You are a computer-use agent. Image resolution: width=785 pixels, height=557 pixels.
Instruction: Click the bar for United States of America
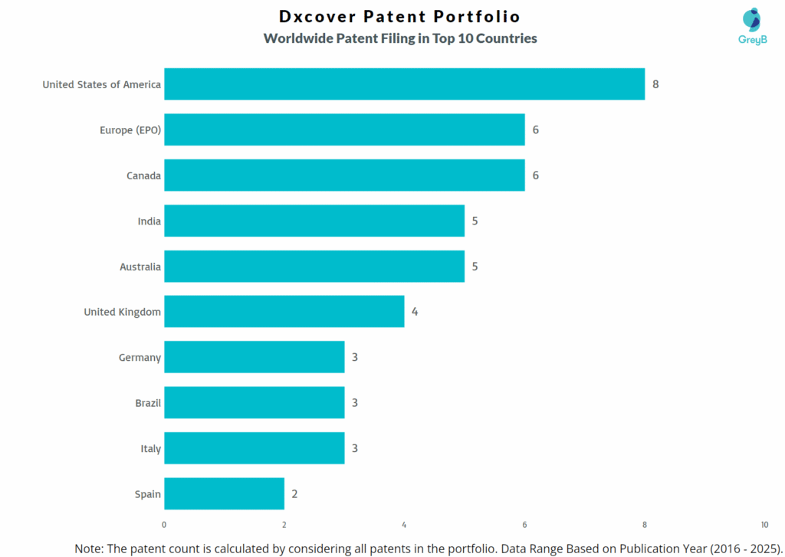(x=404, y=84)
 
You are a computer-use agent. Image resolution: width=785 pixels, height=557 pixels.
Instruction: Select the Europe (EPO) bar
(x=344, y=129)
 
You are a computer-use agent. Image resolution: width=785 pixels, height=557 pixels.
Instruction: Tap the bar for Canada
(x=344, y=175)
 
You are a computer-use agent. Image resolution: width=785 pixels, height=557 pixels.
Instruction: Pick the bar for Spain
(x=224, y=493)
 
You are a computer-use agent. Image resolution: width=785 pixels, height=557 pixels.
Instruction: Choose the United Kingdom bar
(x=284, y=312)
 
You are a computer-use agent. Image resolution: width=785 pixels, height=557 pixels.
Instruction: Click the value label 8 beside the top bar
(x=655, y=84)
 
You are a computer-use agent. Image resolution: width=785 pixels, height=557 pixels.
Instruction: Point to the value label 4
(x=415, y=312)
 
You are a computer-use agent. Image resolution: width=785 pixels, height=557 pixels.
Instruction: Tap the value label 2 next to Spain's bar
(x=294, y=493)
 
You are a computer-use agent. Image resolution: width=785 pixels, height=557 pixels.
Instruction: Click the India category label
(x=149, y=221)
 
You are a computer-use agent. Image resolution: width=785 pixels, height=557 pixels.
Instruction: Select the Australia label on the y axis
(x=140, y=267)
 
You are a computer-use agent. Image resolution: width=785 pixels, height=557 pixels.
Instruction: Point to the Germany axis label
(x=140, y=358)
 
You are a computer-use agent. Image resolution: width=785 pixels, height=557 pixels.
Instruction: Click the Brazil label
(x=148, y=403)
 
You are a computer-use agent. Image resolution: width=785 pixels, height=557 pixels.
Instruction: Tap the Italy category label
(x=150, y=448)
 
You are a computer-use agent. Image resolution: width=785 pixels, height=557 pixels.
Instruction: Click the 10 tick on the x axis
(x=764, y=525)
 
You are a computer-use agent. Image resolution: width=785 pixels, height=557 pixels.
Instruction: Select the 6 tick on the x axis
(x=524, y=525)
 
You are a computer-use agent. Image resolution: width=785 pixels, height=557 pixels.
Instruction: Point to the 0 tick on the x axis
(x=164, y=525)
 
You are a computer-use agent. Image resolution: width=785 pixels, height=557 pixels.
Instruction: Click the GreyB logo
(x=752, y=28)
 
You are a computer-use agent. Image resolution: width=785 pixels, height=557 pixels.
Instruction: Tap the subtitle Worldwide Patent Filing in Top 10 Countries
(x=399, y=38)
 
